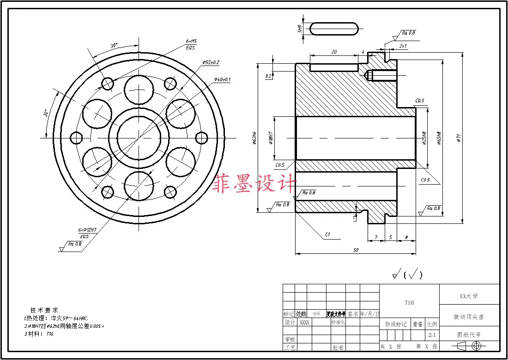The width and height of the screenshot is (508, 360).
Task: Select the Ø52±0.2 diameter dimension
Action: coord(211,62)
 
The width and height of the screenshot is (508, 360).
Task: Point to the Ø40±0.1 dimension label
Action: coord(222,79)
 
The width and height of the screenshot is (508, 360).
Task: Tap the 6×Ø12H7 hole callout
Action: coord(87,229)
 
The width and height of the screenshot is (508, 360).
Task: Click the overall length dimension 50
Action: coord(355,250)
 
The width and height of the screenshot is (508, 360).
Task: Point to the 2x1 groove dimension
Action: coord(403,46)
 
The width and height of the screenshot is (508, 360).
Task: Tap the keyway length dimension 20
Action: coord(334,52)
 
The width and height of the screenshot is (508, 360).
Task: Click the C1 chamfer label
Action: coord(327,235)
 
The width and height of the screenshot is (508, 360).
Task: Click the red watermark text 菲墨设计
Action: coord(253,184)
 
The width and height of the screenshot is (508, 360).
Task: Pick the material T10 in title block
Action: coord(409,303)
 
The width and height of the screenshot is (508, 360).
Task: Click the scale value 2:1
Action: coord(433,335)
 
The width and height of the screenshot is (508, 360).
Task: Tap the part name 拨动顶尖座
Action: coord(469,317)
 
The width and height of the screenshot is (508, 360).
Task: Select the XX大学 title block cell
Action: coord(469,295)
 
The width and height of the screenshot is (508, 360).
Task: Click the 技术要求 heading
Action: coord(44,310)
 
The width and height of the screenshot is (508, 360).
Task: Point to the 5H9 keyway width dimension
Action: coord(300,29)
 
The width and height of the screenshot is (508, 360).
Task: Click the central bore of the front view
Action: coord(139,137)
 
